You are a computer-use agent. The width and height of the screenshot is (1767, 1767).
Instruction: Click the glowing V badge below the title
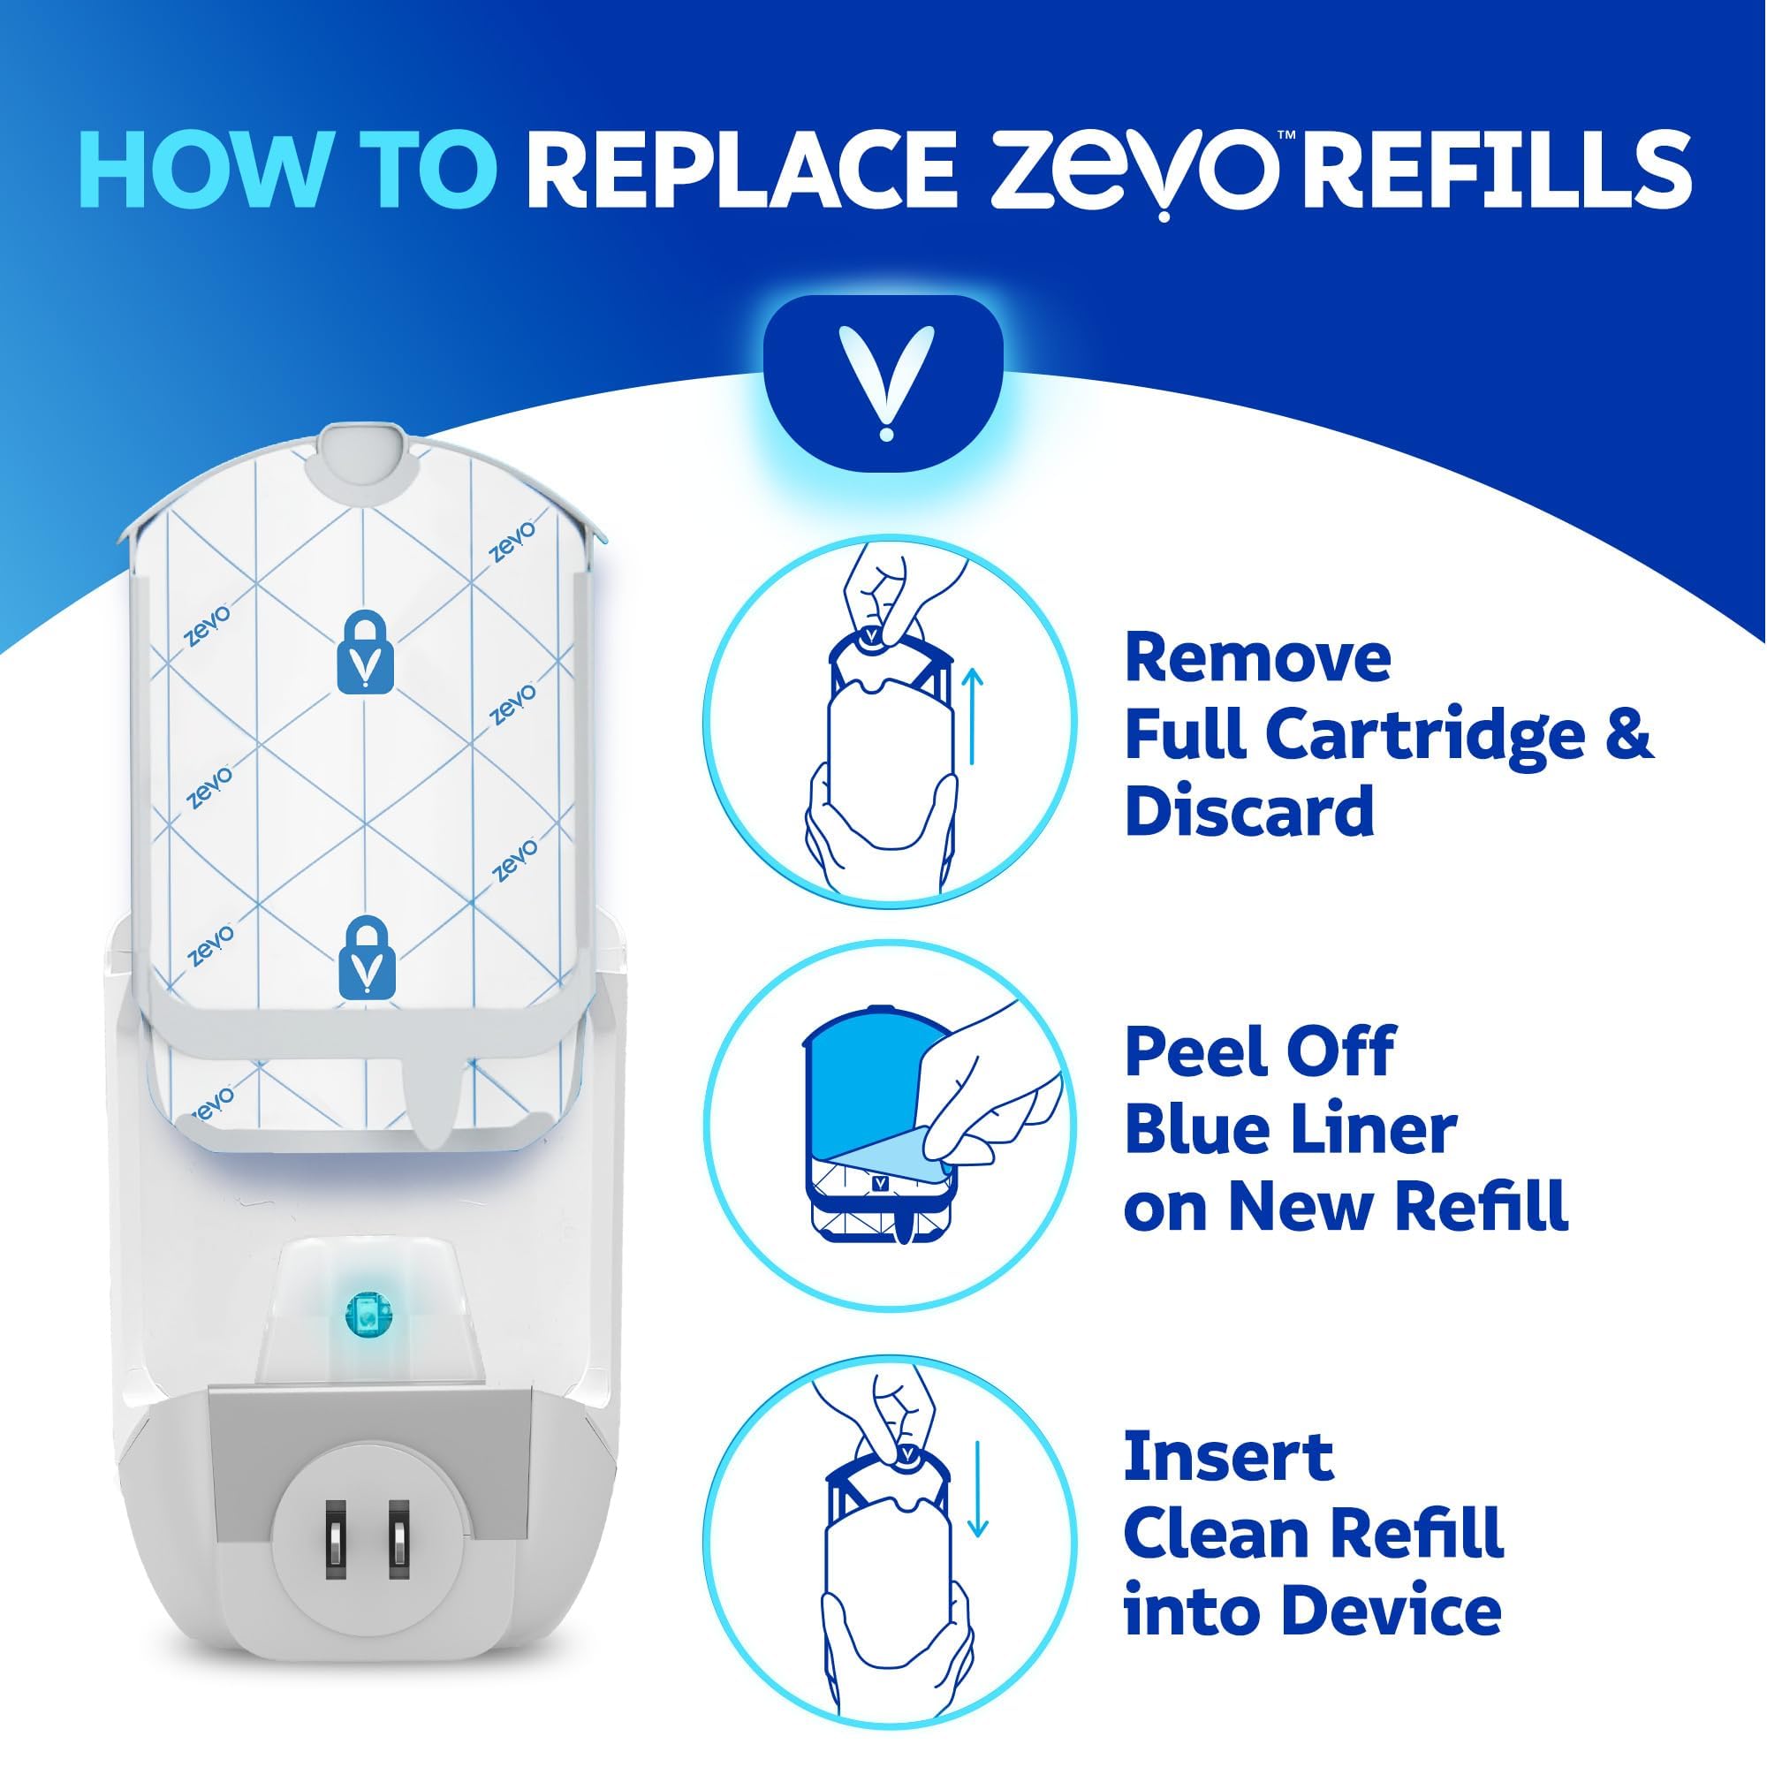coord(883,383)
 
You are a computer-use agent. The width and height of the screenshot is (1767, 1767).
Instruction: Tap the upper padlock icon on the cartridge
coord(365,652)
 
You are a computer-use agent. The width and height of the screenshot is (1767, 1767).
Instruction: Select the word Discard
coord(1249,812)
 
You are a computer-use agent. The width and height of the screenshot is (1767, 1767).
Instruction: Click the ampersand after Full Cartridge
coord(1629,734)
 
